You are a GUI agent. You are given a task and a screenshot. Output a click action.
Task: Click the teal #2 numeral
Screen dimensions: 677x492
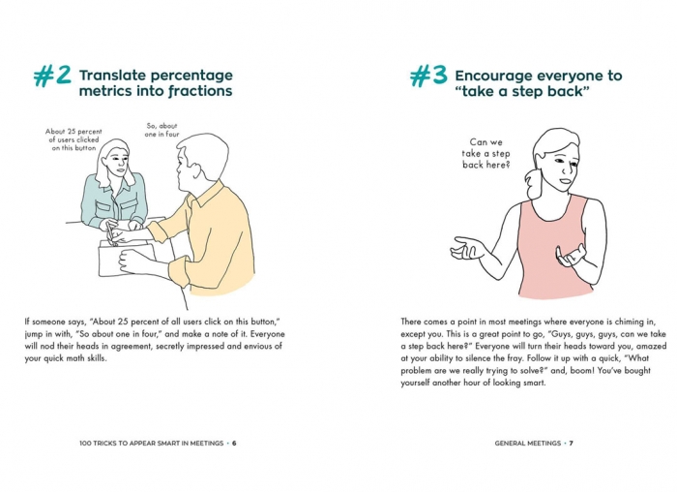point(52,77)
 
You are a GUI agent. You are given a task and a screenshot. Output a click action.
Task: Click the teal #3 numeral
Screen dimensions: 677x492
point(428,77)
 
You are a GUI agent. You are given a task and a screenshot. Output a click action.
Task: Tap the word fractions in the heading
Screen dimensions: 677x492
point(200,91)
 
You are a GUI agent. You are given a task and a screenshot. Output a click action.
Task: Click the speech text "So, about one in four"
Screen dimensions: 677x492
point(162,130)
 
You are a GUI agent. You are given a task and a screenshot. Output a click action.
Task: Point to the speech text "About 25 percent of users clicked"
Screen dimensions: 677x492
point(74,139)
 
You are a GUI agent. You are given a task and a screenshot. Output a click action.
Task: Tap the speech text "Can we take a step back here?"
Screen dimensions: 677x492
point(486,153)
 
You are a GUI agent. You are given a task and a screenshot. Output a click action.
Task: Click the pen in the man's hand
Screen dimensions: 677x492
point(110,234)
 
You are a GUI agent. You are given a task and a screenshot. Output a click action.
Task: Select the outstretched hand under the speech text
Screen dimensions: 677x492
point(465,248)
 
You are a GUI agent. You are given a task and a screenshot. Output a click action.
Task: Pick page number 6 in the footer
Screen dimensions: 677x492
point(234,444)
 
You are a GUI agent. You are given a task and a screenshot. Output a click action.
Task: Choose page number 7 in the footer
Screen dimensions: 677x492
point(572,444)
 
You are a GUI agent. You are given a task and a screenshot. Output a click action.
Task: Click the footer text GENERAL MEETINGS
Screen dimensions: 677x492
point(528,444)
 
